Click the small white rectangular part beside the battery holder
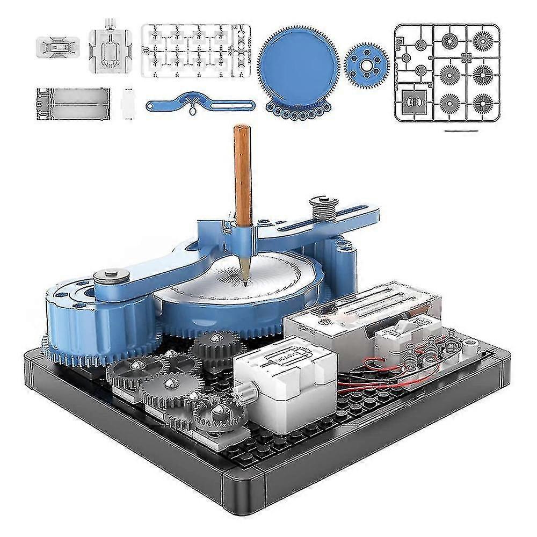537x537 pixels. pos(127,101)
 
